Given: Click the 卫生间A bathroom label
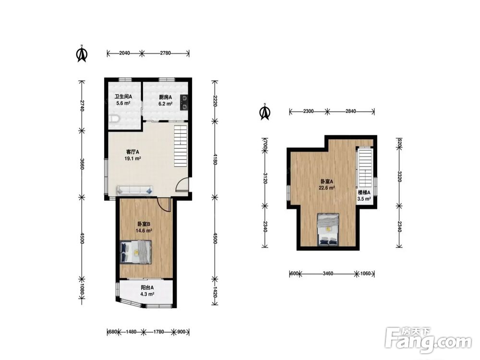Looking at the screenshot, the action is [x=123, y=97].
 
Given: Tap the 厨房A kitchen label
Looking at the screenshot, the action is [x=165, y=97].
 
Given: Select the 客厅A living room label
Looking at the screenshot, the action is [x=133, y=152].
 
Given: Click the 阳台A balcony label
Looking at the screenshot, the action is [x=147, y=288].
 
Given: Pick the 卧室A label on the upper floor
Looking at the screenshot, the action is [x=326, y=181].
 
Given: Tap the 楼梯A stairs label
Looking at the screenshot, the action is [x=364, y=192].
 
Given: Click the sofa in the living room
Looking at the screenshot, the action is [x=134, y=191].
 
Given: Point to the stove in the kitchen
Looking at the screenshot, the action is [x=185, y=102].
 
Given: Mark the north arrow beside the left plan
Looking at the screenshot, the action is [x=82, y=54].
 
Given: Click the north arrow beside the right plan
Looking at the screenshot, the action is [x=265, y=112].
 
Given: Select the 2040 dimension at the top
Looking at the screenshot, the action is [x=124, y=53].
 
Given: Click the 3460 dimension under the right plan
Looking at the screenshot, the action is [x=328, y=274].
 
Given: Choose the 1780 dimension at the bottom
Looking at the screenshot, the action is [x=158, y=332].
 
